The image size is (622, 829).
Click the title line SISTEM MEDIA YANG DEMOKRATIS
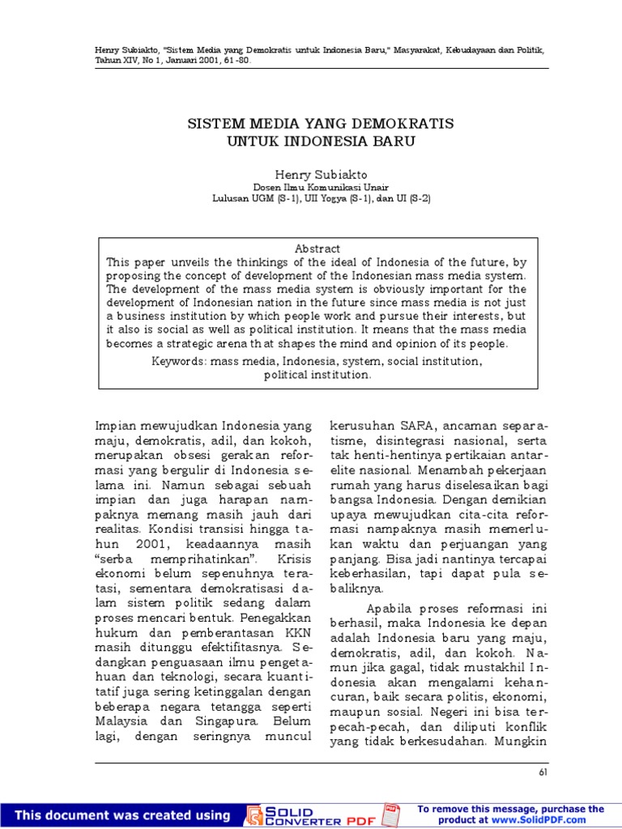(321, 124)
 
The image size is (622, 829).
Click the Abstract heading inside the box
(318, 249)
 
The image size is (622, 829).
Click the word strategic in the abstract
(204, 343)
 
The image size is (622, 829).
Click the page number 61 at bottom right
(542, 773)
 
